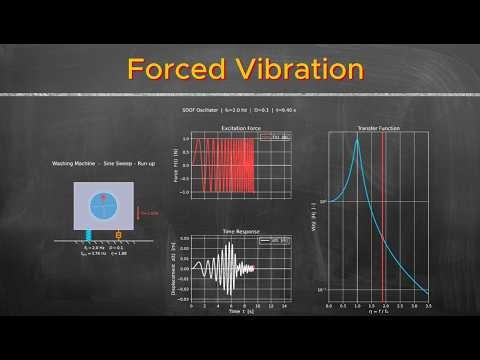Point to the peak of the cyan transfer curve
click(x=357, y=138)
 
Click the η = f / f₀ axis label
click(x=378, y=312)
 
